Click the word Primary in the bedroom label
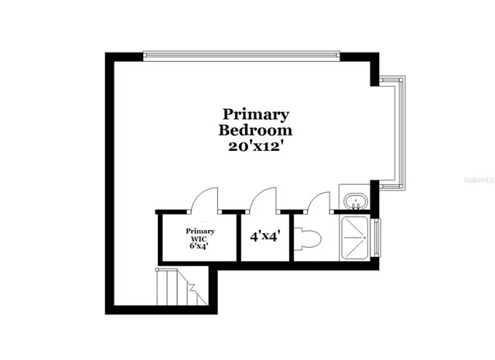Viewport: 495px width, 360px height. tap(255, 115)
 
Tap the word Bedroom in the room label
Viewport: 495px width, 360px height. tap(255, 130)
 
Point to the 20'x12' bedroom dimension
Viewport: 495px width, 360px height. tap(255, 147)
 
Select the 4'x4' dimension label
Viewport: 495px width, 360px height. tap(265, 238)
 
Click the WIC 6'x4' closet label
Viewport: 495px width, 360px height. tap(200, 239)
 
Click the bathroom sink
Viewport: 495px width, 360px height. tap(357, 201)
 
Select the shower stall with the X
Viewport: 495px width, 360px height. tap(355, 238)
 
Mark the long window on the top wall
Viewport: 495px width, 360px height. tap(241, 55)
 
